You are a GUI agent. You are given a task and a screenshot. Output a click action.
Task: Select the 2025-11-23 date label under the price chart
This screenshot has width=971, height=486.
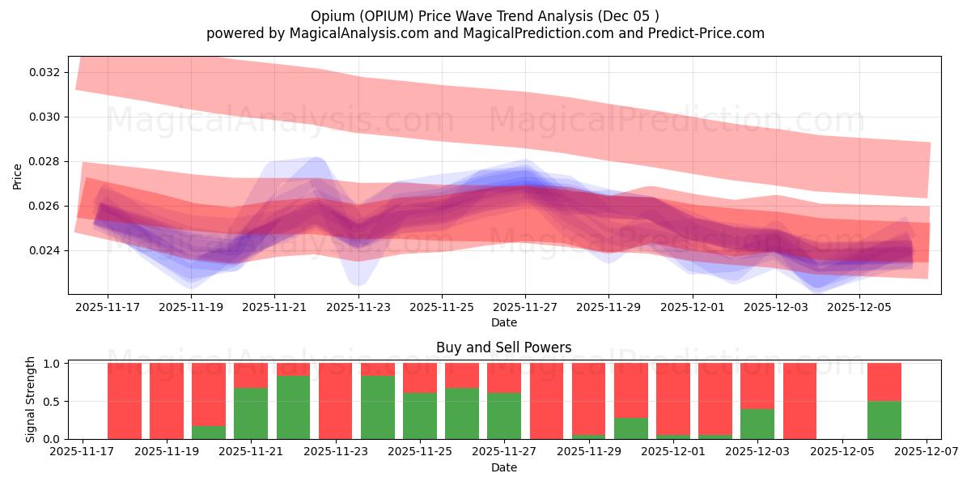(x=358, y=308)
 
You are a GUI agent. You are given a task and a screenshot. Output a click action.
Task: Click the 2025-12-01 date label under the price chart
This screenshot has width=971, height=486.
(x=693, y=308)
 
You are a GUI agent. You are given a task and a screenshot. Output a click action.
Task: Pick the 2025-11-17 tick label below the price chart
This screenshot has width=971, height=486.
(x=108, y=308)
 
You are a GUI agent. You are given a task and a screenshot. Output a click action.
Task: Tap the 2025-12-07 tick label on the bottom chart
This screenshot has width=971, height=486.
(x=927, y=452)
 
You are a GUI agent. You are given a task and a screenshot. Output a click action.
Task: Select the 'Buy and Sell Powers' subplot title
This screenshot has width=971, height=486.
(x=503, y=347)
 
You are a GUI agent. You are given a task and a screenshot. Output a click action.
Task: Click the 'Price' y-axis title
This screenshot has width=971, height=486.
(x=18, y=176)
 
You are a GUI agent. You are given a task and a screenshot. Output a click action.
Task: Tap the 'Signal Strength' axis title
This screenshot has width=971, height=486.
(x=31, y=399)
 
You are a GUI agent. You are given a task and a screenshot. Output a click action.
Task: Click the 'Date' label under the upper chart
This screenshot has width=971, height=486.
(x=503, y=322)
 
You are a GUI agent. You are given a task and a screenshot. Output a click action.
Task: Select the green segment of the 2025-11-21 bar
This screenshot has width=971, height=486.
(x=251, y=413)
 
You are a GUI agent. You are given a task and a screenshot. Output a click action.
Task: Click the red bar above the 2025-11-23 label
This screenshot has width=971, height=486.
(x=335, y=400)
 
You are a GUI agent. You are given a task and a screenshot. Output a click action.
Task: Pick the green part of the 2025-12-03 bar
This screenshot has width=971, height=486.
(x=757, y=424)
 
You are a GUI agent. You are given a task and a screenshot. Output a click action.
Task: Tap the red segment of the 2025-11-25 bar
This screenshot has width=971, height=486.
(x=420, y=377)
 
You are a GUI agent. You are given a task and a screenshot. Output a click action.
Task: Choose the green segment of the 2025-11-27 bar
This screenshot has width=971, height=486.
(x=504, y=416)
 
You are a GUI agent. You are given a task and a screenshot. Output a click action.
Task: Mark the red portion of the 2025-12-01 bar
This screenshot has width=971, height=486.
(x=673, y=399)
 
